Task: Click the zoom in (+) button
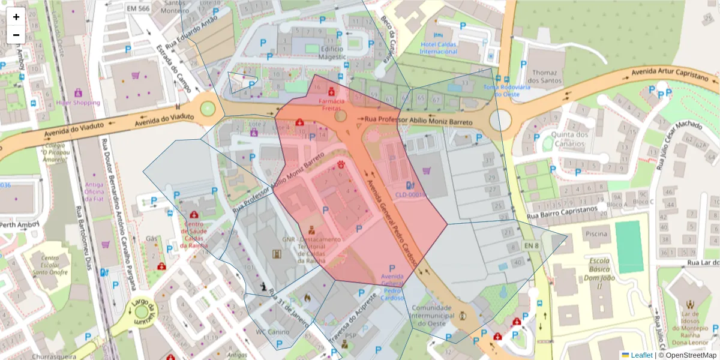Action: coord(16,17)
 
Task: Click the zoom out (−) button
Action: coord(16,35)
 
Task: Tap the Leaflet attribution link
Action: coord(637,355)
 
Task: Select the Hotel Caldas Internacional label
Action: coord(439,48)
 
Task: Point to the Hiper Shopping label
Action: coord(78,103)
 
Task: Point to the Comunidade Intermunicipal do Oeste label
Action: coord(431,316)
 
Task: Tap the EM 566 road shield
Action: coord(139,8)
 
